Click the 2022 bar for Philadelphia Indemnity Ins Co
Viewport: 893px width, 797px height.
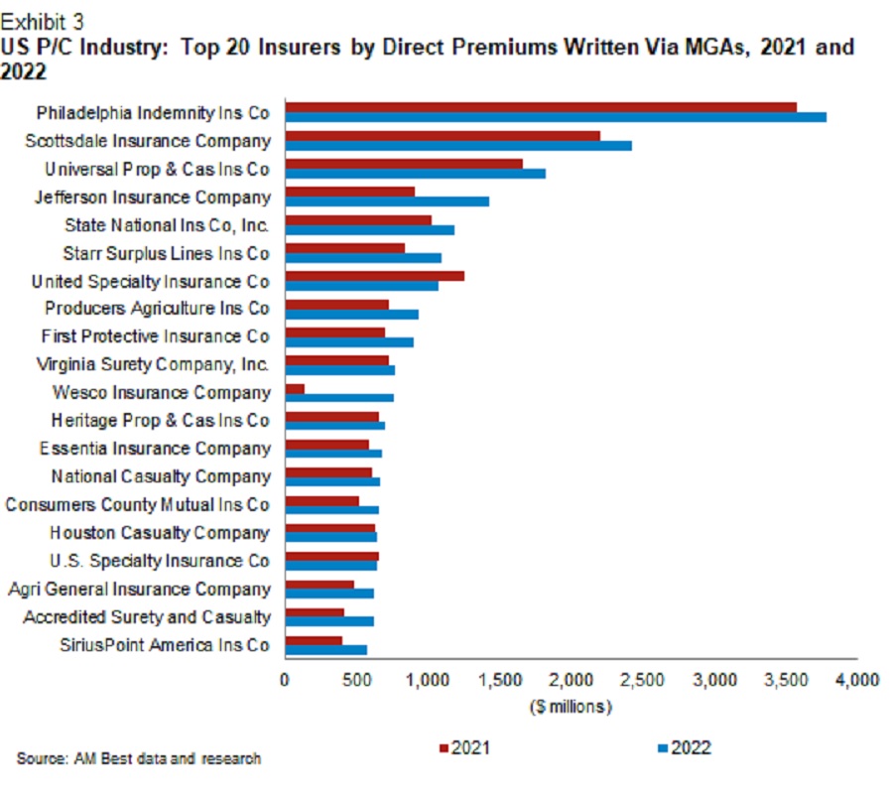tap(556, 117)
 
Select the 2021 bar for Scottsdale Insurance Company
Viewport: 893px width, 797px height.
tap(443, 135)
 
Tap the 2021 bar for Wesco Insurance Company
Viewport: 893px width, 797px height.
tap(295, 387)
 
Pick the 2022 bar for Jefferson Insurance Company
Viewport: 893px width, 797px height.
tap(387, 201)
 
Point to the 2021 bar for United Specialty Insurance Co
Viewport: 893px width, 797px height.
tap(374, 275)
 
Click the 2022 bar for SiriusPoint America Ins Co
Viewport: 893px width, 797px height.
tap(325, 649)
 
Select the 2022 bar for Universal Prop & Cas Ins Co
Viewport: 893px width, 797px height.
tap(415, 173)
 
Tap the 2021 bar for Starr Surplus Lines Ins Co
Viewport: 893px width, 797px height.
tap(345, 247)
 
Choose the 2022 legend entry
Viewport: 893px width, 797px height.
tap(685, 747)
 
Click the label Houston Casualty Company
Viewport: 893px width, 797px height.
tap(160, 533)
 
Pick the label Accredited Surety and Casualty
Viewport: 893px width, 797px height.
tap(147, 616)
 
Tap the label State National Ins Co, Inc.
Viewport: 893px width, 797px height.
tap(167, 225)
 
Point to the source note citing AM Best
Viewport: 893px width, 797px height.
tap(139, 759)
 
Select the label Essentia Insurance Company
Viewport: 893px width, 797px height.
tap(154, 449)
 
